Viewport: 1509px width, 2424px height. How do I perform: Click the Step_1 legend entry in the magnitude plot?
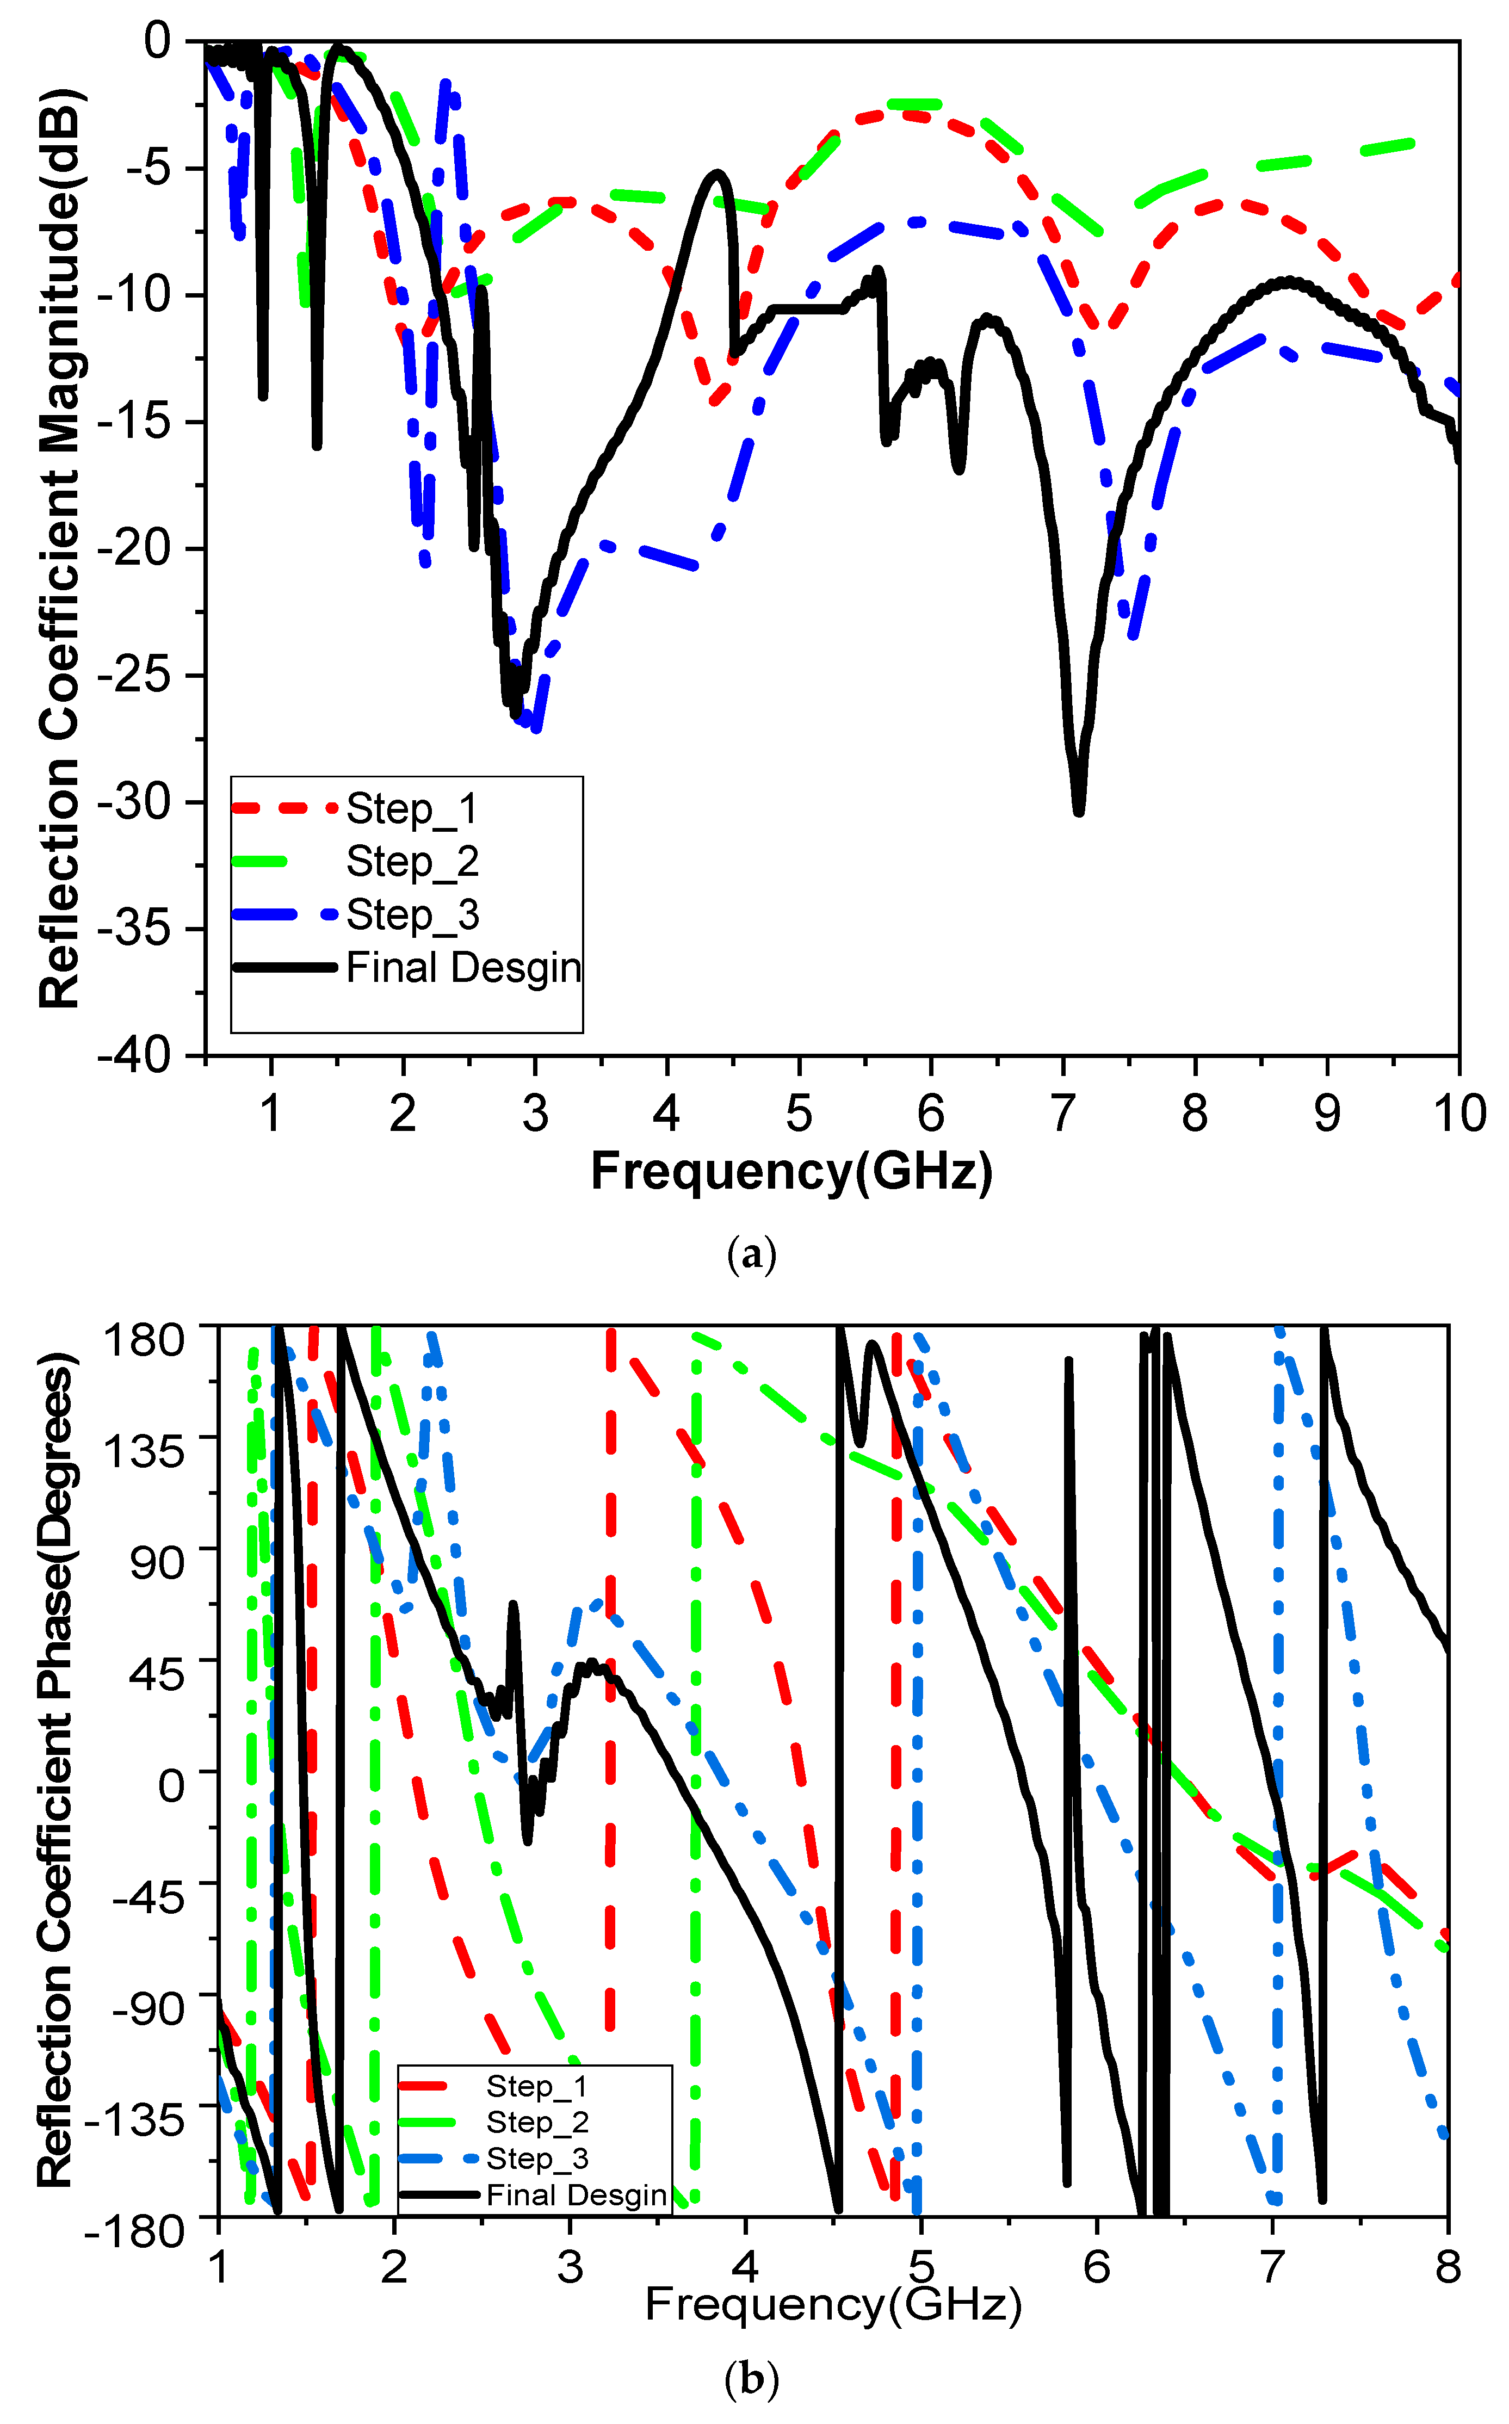(x=411, y=809)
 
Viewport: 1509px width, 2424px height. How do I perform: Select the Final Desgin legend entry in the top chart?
(x=463, y=967)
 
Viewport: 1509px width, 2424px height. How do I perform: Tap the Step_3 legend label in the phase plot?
(x=537, y=2159)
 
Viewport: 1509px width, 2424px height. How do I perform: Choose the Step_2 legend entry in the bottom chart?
(x=537, y=2122)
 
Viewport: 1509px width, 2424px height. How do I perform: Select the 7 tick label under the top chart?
(x=1063, y=1112)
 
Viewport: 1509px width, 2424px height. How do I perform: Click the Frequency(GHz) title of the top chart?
(x=791, y=1171)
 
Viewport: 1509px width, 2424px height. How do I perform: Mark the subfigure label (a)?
(x=751, y=1253)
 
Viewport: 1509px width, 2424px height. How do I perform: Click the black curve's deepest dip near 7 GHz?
(x=1078, y=811)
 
